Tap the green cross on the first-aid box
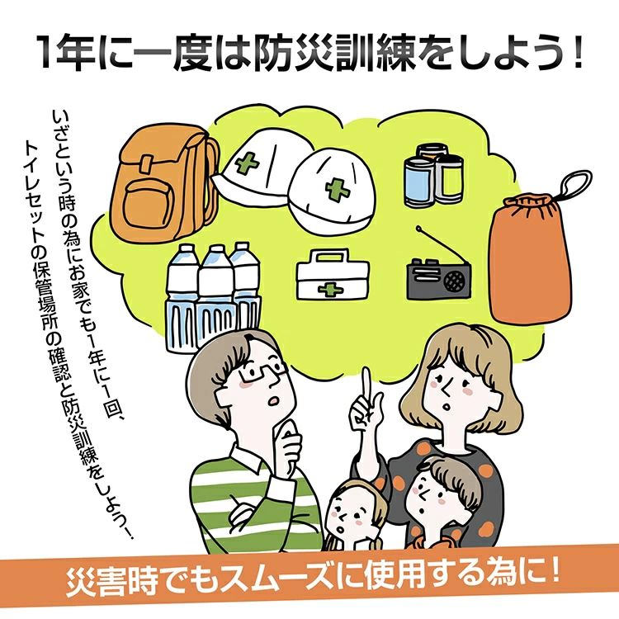(x=331, y=291)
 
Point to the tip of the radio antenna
(x=418, y=228)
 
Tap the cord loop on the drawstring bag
(x=576, y=183)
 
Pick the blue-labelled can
(x=419, y=182)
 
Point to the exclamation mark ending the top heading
(x=577, y=54)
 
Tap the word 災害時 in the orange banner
(x=111, y=584)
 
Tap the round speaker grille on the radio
(x=455, y=281)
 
